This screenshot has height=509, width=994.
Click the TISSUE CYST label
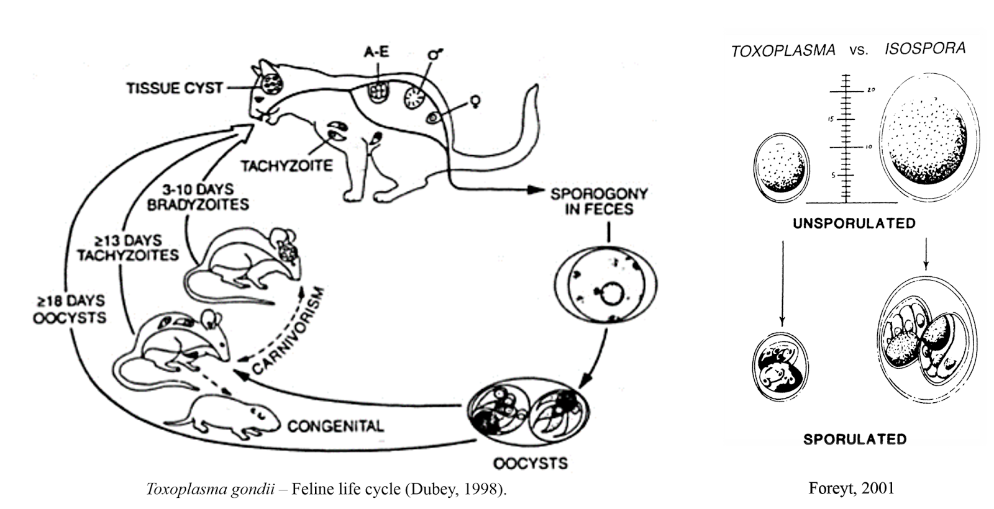click(x=175, y=88)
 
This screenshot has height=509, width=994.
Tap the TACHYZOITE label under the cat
click(x=287, y=166)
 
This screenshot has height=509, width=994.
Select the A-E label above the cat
click(x=376, y=52)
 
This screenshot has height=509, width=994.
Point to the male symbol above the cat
click(x=434, y=55)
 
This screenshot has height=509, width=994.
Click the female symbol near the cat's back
click(x=477, y=100)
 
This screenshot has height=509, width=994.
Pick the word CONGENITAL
click(x=335, y=426)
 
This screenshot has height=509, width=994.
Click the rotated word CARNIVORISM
click(x=290, y=330)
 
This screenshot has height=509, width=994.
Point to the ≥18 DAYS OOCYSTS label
click(x=70, y=309)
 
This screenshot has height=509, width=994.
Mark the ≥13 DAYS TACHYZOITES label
click(x=128, y=247)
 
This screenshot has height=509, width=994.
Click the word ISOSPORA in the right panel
click(x=925, y=48)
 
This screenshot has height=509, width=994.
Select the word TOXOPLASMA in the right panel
click(x=783, y=51)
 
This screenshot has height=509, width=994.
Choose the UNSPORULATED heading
click(x=854, y=223)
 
